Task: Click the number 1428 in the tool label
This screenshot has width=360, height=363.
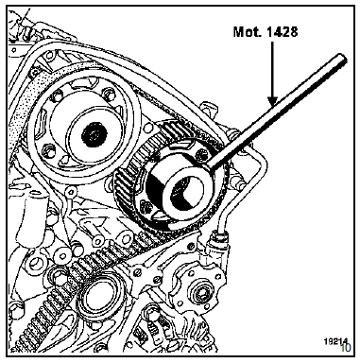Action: pyautogui.click(x=281, y=31)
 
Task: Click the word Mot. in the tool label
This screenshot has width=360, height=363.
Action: pyautogui.click(x=247, y=31)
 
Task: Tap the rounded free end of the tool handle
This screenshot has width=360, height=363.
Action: pyautogui.click(x=342, y=59)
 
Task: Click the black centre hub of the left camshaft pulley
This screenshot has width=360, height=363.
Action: pyautogui.click(x=94, y=135)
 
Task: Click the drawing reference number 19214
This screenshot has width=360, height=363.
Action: pyautogui.click(x=336, y=341)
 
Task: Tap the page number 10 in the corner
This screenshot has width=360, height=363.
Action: pyautogui.click(x=345, y=348)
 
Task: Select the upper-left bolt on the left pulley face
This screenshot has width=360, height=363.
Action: pyautogui.click(x=57, y=95)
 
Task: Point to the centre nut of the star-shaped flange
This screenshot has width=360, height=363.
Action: pyautogui.click(x=200, y=294)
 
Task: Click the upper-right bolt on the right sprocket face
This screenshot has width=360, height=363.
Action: pyautogui.click(x=199, y=154)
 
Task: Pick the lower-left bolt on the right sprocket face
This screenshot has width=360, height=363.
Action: pyautogui.click(x=145, y=207)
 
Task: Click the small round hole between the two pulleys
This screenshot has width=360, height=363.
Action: pyautogui.click(x=148, y=129)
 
